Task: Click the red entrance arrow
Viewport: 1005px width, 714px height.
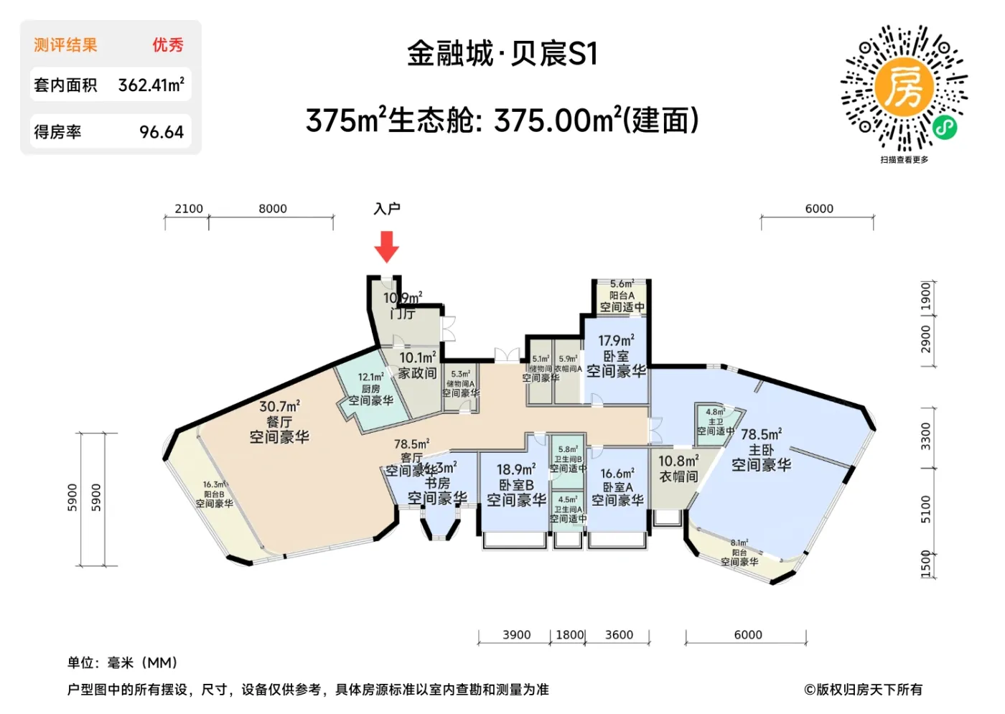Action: pos(386,246)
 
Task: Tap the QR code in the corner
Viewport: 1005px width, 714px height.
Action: pos(904,88)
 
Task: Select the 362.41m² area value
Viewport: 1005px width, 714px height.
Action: pos(151,85)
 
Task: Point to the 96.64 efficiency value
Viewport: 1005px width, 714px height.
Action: pos(162,132)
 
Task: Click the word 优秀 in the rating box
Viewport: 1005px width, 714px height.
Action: pos(167,45)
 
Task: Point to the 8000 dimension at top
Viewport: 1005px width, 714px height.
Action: pos(273,209)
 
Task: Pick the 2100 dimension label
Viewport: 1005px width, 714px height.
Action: pos(189,209)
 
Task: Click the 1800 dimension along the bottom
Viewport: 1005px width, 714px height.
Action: pos(569,635)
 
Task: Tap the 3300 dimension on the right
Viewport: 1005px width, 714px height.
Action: pos(925,436)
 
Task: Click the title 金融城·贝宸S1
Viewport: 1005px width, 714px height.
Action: pos(502,54)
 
